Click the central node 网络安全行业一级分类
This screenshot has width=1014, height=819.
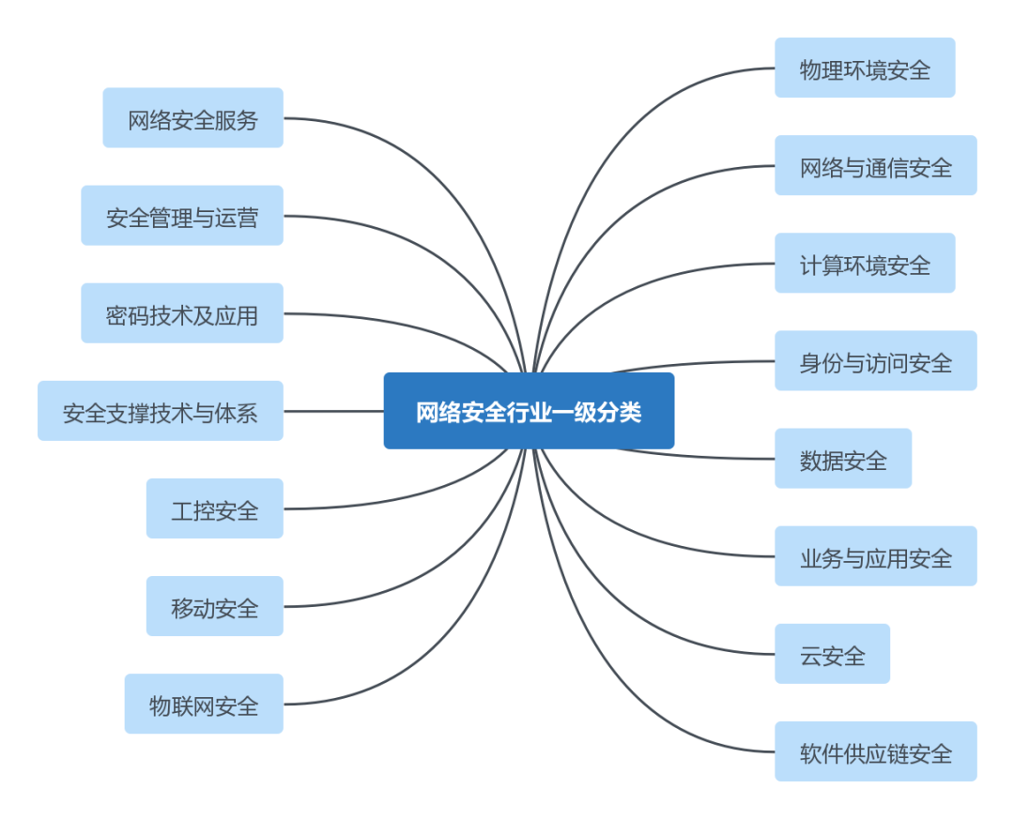pyautogui.click(x=529, y=411)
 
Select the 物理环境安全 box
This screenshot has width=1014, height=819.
pyautogui.click(x=865, y=68)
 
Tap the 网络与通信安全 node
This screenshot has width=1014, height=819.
pyautogui.click(x=875, y=165)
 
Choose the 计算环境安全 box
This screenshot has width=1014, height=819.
pyautogui.click(x=865, y=263)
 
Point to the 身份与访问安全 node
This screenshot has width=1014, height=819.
pyautogui.click(x=875, y=360)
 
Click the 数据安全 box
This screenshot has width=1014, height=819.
pyautogui.click(x=843, y=458)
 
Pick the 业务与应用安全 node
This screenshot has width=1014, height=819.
pyautogui.click(x=875, y=555)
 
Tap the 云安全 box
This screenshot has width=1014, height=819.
pyautogui.click(x=832, y=653)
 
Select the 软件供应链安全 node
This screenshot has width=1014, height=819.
pyautogui.click(x=875, y=751)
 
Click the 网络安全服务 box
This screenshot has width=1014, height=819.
pyautogui.click(x=192, y=117)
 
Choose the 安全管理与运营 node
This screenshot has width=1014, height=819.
pyautogui.click(x=181, y=215)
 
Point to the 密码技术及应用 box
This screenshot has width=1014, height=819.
pyautogui.click(x=181, y=312)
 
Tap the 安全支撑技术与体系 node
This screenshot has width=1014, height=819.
pyautogui.click(x=160, y=410)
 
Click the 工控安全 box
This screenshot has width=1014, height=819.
pyautogui.click(x=214, y=508)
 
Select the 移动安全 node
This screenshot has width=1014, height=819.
pyautogui.click(x=214, y=605)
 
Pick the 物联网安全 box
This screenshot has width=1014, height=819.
pyautogui.click(x=203, y=703)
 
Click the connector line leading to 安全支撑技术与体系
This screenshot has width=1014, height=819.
pyautogui.click(x=333, y=411)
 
